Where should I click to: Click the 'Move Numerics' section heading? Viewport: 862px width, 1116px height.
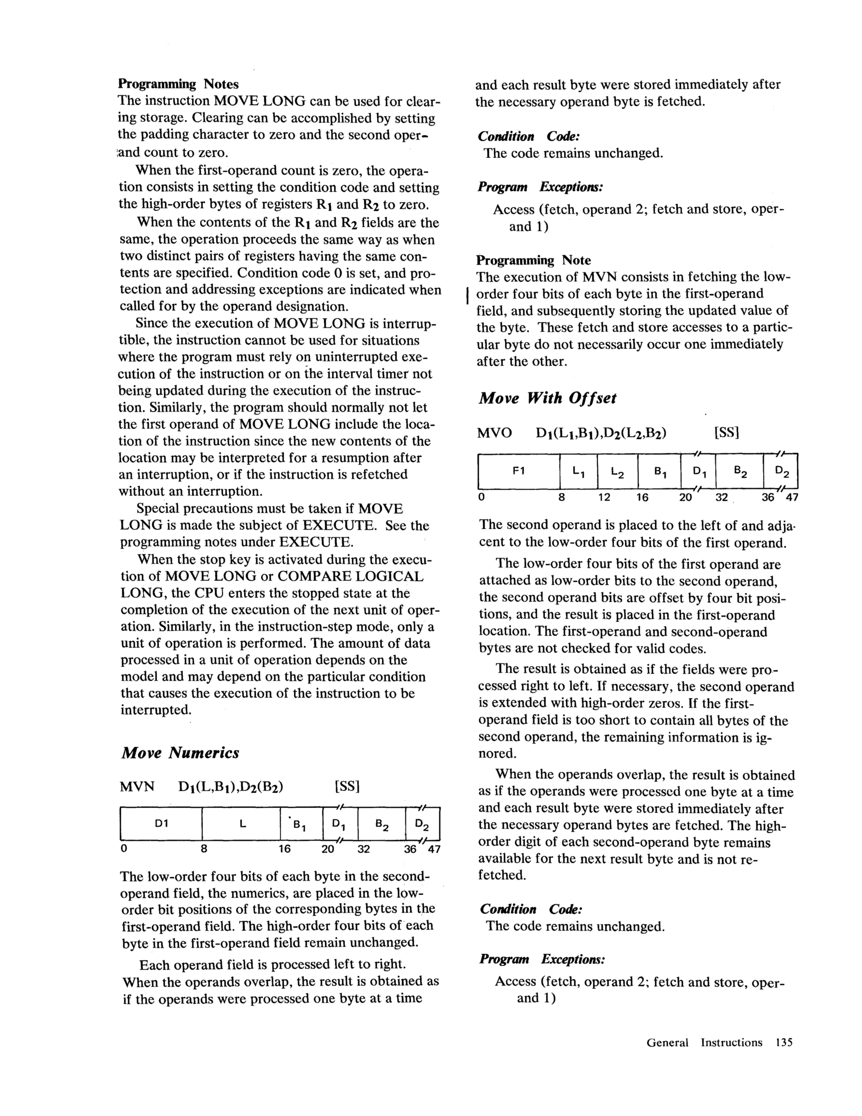pyautogui.click(x=180, y=753)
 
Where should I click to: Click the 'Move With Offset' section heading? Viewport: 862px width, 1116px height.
pyautogui.click(x=547, y=398)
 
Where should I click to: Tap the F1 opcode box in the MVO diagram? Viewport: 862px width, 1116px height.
pyautogui.click(x=518, y=471)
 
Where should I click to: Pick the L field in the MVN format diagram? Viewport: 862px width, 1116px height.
pyautogui.click(x=242, y=823)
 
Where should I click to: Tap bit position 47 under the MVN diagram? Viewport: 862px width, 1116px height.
pyautogui.click(x=434, y=850)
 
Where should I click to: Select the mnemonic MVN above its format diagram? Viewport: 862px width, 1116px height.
pyautogui.click(x=136, y=786)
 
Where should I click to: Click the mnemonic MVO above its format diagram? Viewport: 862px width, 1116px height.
pyautogui.click(x=494, y=434)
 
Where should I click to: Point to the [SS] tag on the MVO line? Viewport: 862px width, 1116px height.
pyautogui.click(x=727, y=434)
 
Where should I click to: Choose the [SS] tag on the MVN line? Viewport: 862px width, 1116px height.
pyautogui.click(x=347, y=786)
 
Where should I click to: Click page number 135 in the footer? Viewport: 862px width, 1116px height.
pyautogui.click(x=783, y=1043)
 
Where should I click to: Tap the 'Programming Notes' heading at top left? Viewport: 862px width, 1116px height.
pyautogui.click(x=178, y=83)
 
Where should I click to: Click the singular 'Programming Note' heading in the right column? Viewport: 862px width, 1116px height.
pyautogui.click(x=533, y=260)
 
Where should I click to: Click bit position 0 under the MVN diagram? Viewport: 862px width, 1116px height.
pyautogui.click(x=123, y=850)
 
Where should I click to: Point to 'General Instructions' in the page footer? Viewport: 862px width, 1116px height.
pyautogui.click(x=704, y=1043)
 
